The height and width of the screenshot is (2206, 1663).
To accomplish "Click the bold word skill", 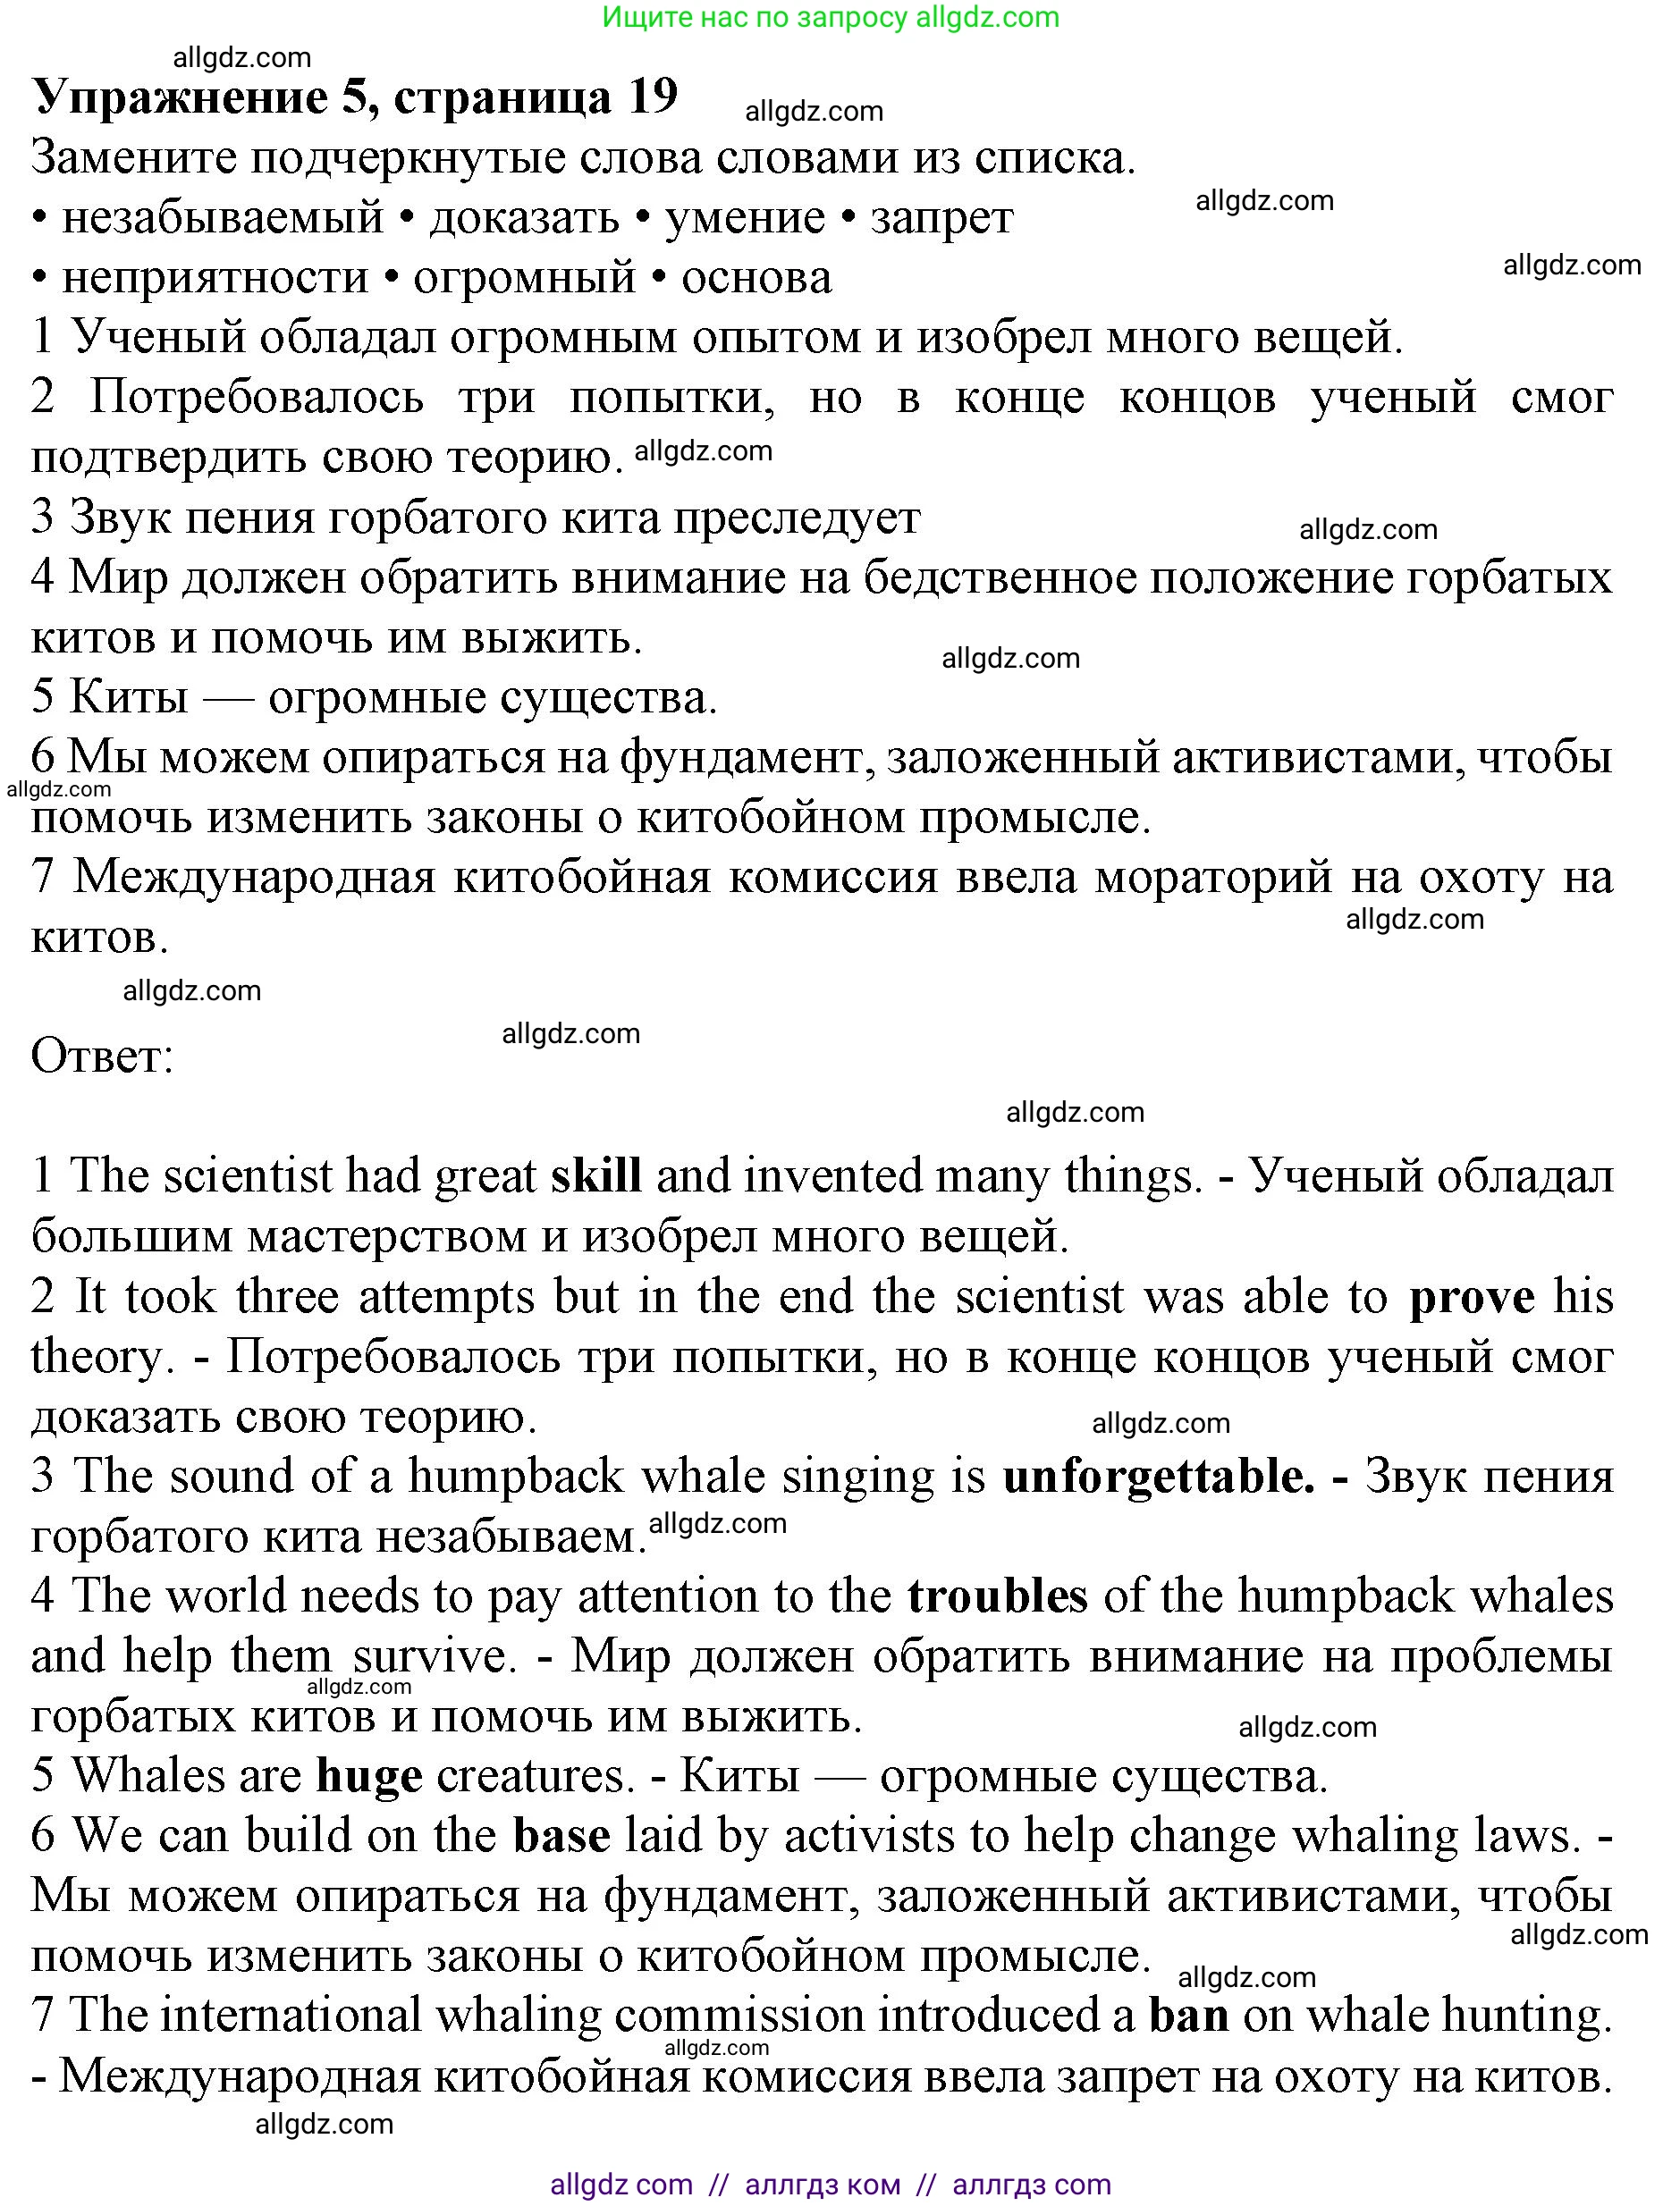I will pos(595,1177).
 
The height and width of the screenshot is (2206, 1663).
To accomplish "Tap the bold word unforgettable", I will pos(1158,1477).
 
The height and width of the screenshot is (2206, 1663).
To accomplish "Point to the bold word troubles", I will pos(997,1596).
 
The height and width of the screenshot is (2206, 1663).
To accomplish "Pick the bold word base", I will pos(561,1837).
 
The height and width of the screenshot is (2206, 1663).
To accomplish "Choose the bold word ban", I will pos(1188,2016).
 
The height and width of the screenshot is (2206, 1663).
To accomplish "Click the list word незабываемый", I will pos(223,218).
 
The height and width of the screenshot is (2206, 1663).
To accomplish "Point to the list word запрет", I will pos(941,218).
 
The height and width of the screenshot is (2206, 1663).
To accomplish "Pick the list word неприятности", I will pos(215,278).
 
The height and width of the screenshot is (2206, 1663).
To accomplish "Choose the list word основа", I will pos(756,278).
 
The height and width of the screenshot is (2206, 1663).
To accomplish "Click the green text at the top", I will pos(831,17).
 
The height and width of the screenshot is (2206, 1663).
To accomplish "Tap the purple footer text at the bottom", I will pos(830,2184).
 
